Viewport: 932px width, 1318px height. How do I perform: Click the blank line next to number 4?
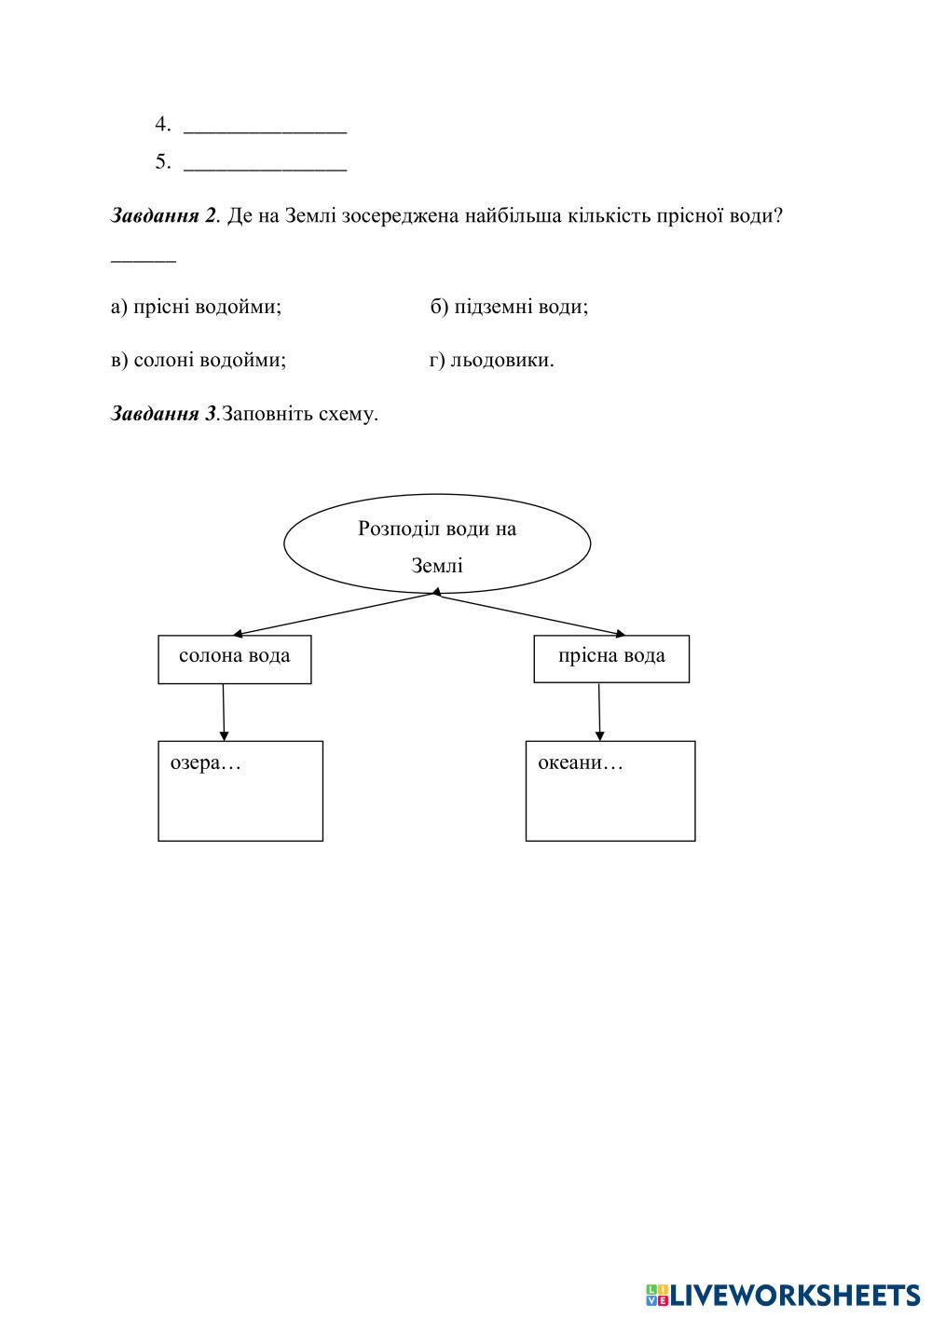[265, 127]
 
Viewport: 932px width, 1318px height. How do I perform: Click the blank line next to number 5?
[265, 165]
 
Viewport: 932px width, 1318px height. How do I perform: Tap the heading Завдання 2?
[163, 216]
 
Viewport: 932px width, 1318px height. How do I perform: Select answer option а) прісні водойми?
[196, 307]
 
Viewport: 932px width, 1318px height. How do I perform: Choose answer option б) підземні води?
[509, 307]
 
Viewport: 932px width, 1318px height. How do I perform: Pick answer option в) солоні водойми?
[198, 360]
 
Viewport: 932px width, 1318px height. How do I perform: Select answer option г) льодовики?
[491, 360]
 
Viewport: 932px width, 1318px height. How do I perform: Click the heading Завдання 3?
[163, 414]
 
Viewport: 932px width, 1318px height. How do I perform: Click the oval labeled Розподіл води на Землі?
[436, 544]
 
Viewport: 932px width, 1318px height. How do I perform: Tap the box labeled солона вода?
[234, 659]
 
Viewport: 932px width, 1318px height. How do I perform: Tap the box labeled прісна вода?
[611, 659]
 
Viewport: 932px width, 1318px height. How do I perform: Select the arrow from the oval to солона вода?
[336, 613]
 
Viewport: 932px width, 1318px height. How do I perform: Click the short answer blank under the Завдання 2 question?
[144, 259]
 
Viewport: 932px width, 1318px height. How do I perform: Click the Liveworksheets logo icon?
[656, 1295]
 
